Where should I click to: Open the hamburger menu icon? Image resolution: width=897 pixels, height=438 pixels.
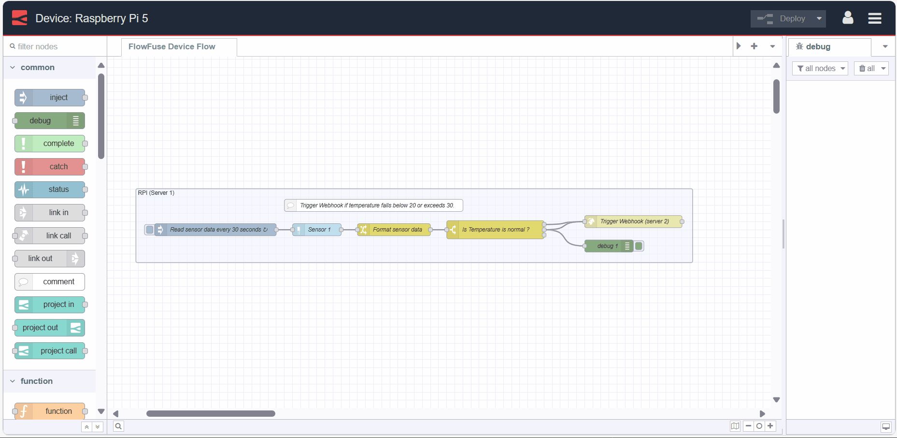(x=874, y=18)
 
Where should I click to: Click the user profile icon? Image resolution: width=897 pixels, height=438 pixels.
(x=847, y=18)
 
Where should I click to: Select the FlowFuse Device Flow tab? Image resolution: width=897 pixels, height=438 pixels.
(x=172, y=47)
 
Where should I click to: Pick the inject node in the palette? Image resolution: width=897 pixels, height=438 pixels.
(x=50, y=98)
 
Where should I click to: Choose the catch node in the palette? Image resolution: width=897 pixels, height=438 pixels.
(x=50, y=167)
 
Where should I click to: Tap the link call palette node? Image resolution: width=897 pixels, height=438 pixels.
(x=50, y=236)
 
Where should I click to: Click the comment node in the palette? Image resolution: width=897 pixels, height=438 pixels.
(x=50, y=282)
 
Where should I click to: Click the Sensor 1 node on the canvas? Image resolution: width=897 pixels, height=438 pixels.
(x=317, y=230)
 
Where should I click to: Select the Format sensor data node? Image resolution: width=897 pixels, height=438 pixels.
(x=394, y=230)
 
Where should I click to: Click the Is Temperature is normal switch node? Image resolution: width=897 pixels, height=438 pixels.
(x=496, y=230)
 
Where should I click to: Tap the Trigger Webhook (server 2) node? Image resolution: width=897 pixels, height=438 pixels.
(x=633, y=221)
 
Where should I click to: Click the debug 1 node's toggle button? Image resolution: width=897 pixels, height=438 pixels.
(x=639, y=246)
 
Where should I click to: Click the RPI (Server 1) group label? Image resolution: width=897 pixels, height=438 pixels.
(x=156, y=193)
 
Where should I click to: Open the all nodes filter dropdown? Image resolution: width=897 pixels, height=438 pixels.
(x=820, y=69)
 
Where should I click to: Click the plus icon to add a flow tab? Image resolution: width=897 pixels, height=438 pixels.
(x=754, y=46)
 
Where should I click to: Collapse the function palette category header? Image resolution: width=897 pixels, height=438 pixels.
(x=37, y=381)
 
